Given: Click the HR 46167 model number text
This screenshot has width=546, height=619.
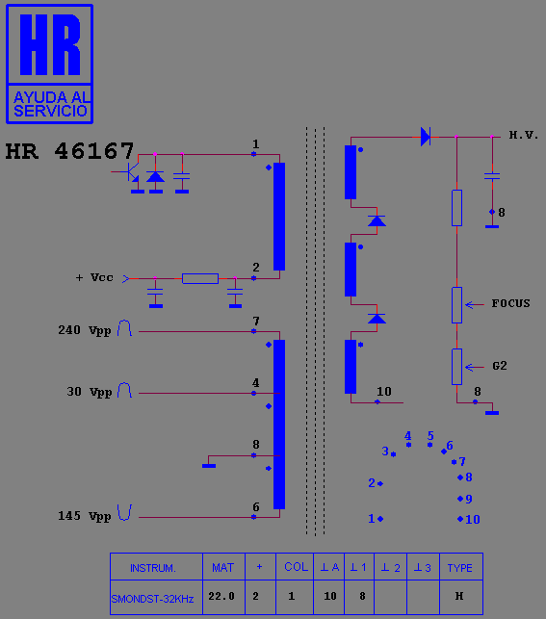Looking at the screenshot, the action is (x=69, y=151).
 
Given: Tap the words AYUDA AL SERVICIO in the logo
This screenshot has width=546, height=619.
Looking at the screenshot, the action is (x=50, y=104).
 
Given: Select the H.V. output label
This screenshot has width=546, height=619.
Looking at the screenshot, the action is (x=524, y=135).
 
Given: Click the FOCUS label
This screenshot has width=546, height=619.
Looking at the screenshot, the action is (x=510, y=303).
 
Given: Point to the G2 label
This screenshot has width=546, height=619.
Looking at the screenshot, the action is (x=500, y=366).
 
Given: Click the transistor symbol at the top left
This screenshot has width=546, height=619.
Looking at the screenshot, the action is (x=129, y=172).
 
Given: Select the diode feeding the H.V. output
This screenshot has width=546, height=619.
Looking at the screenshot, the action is (x=426, y=137).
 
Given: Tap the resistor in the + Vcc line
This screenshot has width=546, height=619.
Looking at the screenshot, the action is (x=200, y=278).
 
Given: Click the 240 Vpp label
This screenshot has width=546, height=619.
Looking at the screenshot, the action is (x=85, y=330).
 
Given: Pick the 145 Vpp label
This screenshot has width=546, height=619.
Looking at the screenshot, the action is (x=85, y=516).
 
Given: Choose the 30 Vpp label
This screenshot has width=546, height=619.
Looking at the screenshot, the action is (x=90, y=392).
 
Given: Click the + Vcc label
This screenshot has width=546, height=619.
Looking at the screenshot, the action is (x=94, y=277).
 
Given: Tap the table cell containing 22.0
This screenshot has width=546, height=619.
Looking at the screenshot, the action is (x=223, y=597).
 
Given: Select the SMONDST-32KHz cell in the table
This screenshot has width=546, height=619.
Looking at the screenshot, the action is (x=156, y=597).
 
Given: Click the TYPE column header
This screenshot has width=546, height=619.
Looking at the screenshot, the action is (x=460, y=567).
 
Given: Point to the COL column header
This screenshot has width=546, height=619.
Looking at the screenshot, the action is (x=295, y=567).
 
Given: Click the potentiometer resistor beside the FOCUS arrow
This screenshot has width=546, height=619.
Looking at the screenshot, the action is (x=456, y=305).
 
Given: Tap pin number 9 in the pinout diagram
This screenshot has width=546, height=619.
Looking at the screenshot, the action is (x=469, y=499).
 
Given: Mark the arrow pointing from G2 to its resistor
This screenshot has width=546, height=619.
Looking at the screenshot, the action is (x=475, y=367).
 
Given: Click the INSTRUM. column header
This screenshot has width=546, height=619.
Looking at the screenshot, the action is (x=153, y=568).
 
